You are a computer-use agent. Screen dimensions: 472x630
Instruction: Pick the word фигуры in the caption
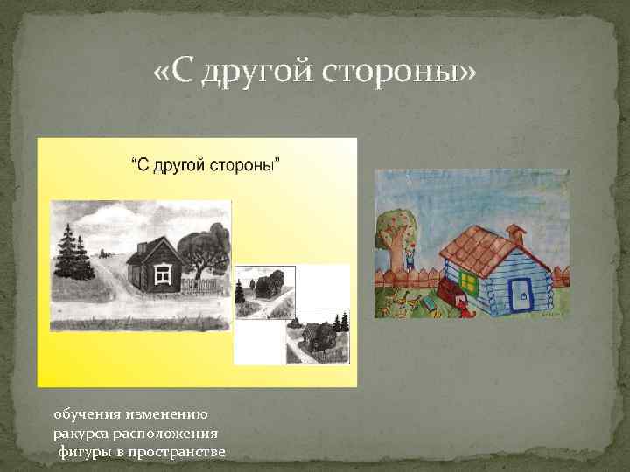84,451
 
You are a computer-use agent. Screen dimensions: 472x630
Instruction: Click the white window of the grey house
162,274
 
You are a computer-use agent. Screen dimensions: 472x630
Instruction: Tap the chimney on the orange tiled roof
515,235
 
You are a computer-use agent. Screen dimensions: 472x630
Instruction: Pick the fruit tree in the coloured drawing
398,232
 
